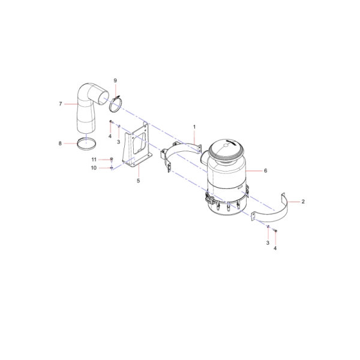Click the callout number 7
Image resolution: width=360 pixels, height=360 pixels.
(61, 104)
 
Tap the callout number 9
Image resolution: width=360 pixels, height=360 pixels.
(115, 80)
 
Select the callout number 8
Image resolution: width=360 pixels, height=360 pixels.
(60, 143)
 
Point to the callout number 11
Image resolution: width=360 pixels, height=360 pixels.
(94, 160)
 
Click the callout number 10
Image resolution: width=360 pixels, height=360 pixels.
(94, 168)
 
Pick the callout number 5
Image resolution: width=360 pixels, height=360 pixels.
(138, 181)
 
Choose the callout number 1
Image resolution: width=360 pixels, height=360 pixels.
(194, 127)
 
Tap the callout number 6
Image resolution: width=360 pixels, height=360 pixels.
(266, 170)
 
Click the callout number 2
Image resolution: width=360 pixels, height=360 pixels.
(303, 202)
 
